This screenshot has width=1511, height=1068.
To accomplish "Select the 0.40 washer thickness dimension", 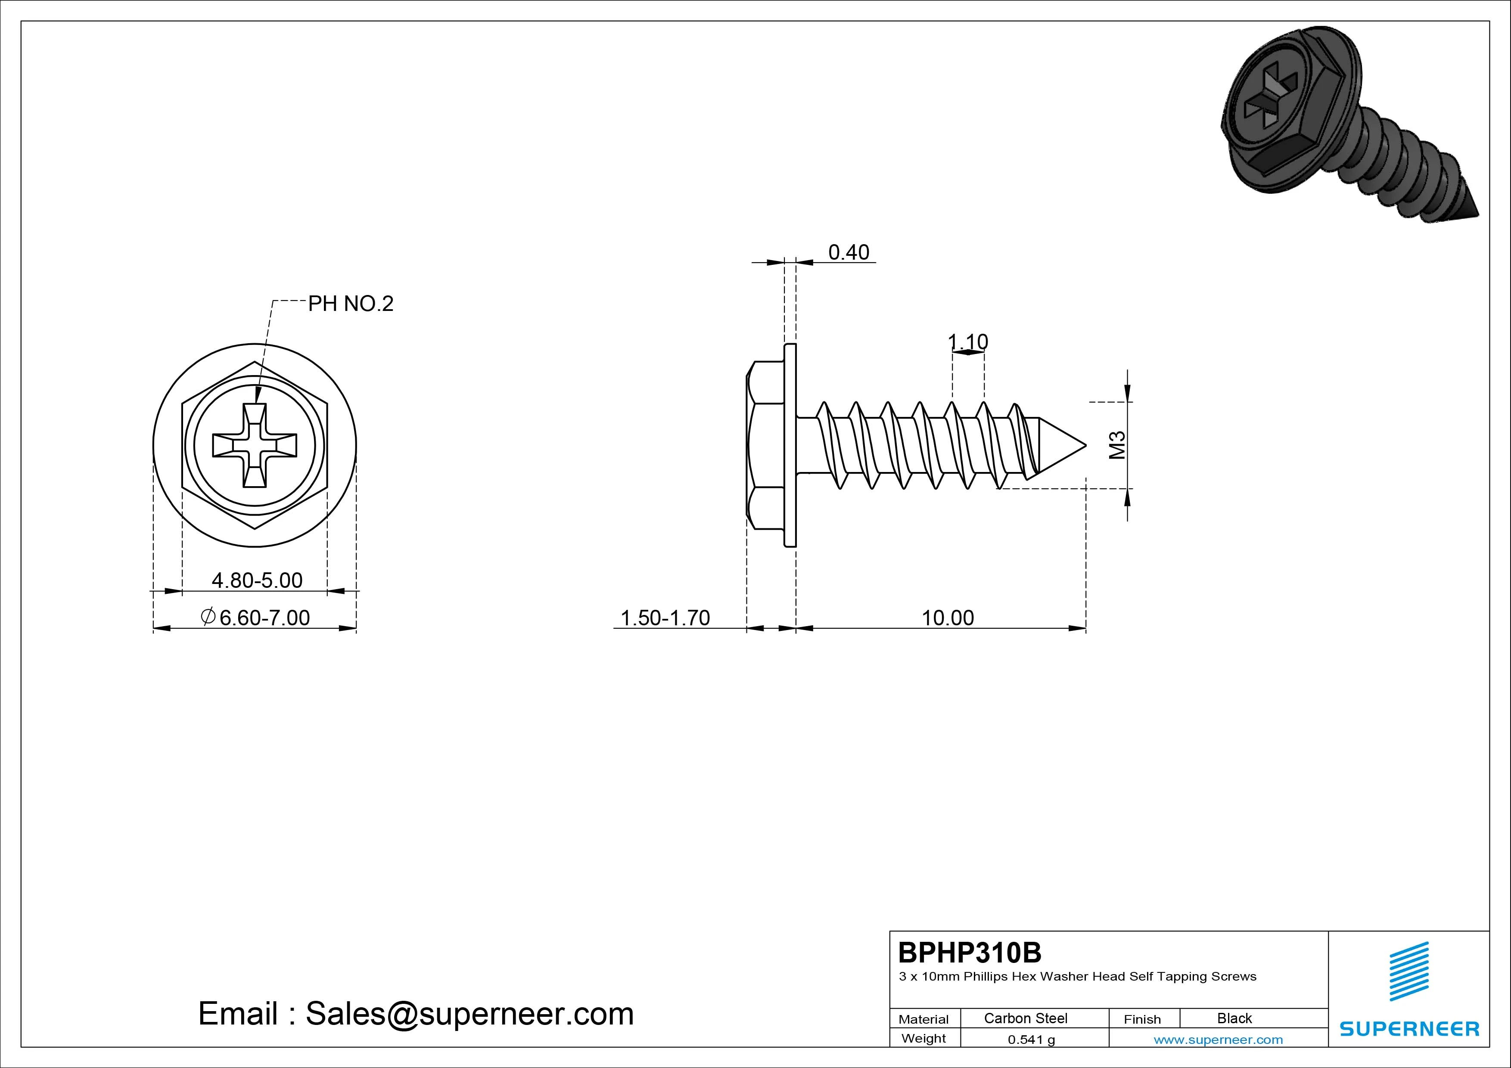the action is click(x=848, y=252).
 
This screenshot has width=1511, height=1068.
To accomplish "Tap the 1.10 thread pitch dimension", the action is click(x=968, y=342).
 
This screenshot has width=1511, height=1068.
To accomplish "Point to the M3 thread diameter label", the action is click(x=1117, y=445).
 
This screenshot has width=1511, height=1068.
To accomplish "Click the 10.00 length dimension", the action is click(x=948, y=618).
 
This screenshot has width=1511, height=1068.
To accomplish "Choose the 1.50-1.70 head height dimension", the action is click(x=665, y=618).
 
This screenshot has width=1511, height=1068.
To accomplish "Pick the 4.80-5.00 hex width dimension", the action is click(x=257, y=581).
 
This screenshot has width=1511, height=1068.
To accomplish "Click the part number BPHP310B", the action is click(x=970, y=952).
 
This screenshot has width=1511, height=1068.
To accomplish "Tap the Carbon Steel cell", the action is click(x=1025, y=1018).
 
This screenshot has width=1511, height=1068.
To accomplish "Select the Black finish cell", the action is click(x=1234, y=1018).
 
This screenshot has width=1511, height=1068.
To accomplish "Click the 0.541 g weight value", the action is click(x=1031, y=1040).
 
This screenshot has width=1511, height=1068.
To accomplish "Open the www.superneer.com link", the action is click(x=1218, y=1040).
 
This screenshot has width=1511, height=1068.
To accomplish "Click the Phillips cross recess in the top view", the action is click(x=255, y=445).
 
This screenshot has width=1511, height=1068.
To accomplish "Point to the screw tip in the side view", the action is click(x=1085, y=445).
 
